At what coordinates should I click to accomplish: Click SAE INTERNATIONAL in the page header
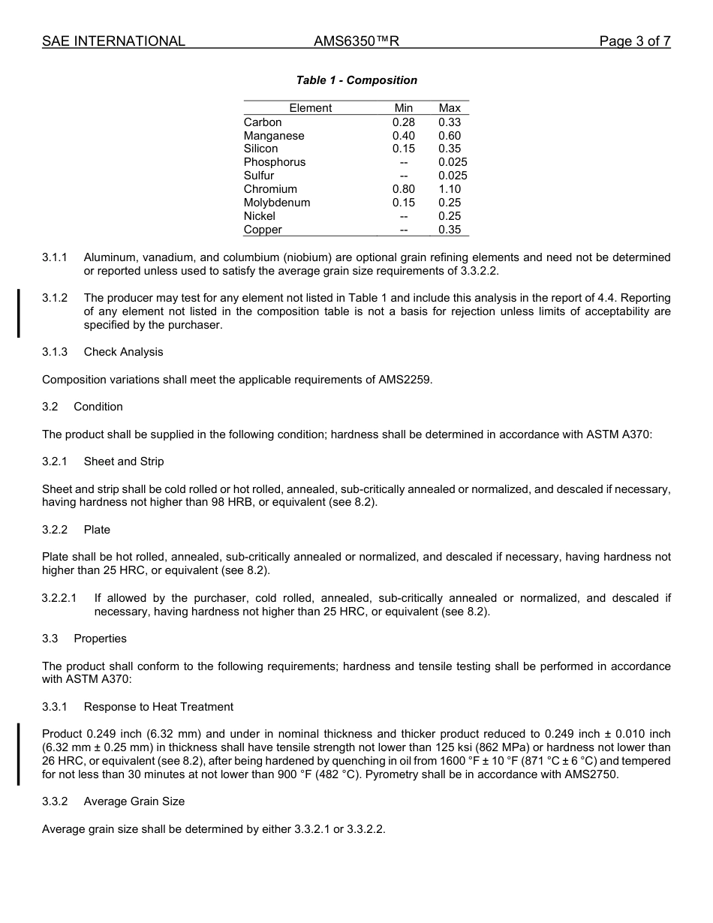[113, 41]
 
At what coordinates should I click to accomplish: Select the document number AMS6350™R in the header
[356, 41]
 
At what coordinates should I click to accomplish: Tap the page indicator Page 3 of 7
[634, 41]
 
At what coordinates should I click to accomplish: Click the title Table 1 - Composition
[356, 80]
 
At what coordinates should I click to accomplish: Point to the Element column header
[310, 108]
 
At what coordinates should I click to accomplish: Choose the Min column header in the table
[404, 108]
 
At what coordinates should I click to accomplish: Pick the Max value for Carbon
[450, 122]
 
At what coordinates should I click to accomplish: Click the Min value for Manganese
[404, 136]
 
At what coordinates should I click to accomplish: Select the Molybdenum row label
[276, 203]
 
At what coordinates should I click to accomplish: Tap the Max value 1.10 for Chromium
[450, 189]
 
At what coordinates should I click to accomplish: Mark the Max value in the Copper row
[450, 230]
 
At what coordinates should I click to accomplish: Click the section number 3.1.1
[55, 257]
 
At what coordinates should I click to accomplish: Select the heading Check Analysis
[123, 352]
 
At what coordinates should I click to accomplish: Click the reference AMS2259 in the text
[408, 380]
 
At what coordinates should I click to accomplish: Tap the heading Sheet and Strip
[123, 461]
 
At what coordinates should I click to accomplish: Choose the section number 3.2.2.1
[59, 598]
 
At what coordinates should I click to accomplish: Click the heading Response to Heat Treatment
[158, 707]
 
